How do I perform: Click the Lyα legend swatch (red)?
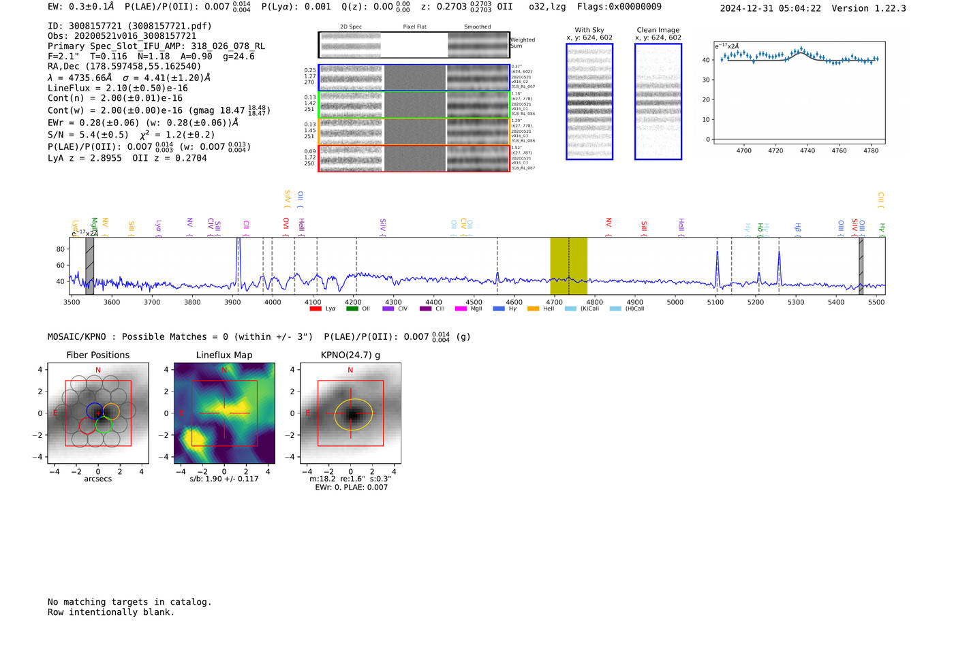pyautogui.click(x=315, y=308)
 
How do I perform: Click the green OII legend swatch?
pyautogui.click(x=352, y=308)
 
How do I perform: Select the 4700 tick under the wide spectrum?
pyautogui.click(x=554, y=302)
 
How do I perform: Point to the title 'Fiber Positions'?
pyautogui.click(x=97, y=355)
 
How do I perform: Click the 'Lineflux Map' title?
pyautogui.click(x=224, y=355)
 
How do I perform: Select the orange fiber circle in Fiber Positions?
pyautogui.click(x=111, y=411)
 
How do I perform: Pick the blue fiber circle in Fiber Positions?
pyautogui.click(x=95, y=411)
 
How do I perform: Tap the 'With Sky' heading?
pyautogui.click(x=589, y=30)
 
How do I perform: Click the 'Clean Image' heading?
pyautogui.click(x=658, y=30)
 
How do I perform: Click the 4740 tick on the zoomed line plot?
pyautogui.click(x=807, y=151)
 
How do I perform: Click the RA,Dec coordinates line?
pyautogui.click(x=124, y=66)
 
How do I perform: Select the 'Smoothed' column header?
pyautogui.click(x=477, y=27)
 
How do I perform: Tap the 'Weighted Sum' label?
pyautogui.click(x=522, y=43)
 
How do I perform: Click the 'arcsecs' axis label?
pyautogui.click(x=97, y=479)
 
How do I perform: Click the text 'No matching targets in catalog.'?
pyautogui.click(x=129, y=601)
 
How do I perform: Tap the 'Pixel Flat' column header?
pyautogui.click(x=414, y=27)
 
